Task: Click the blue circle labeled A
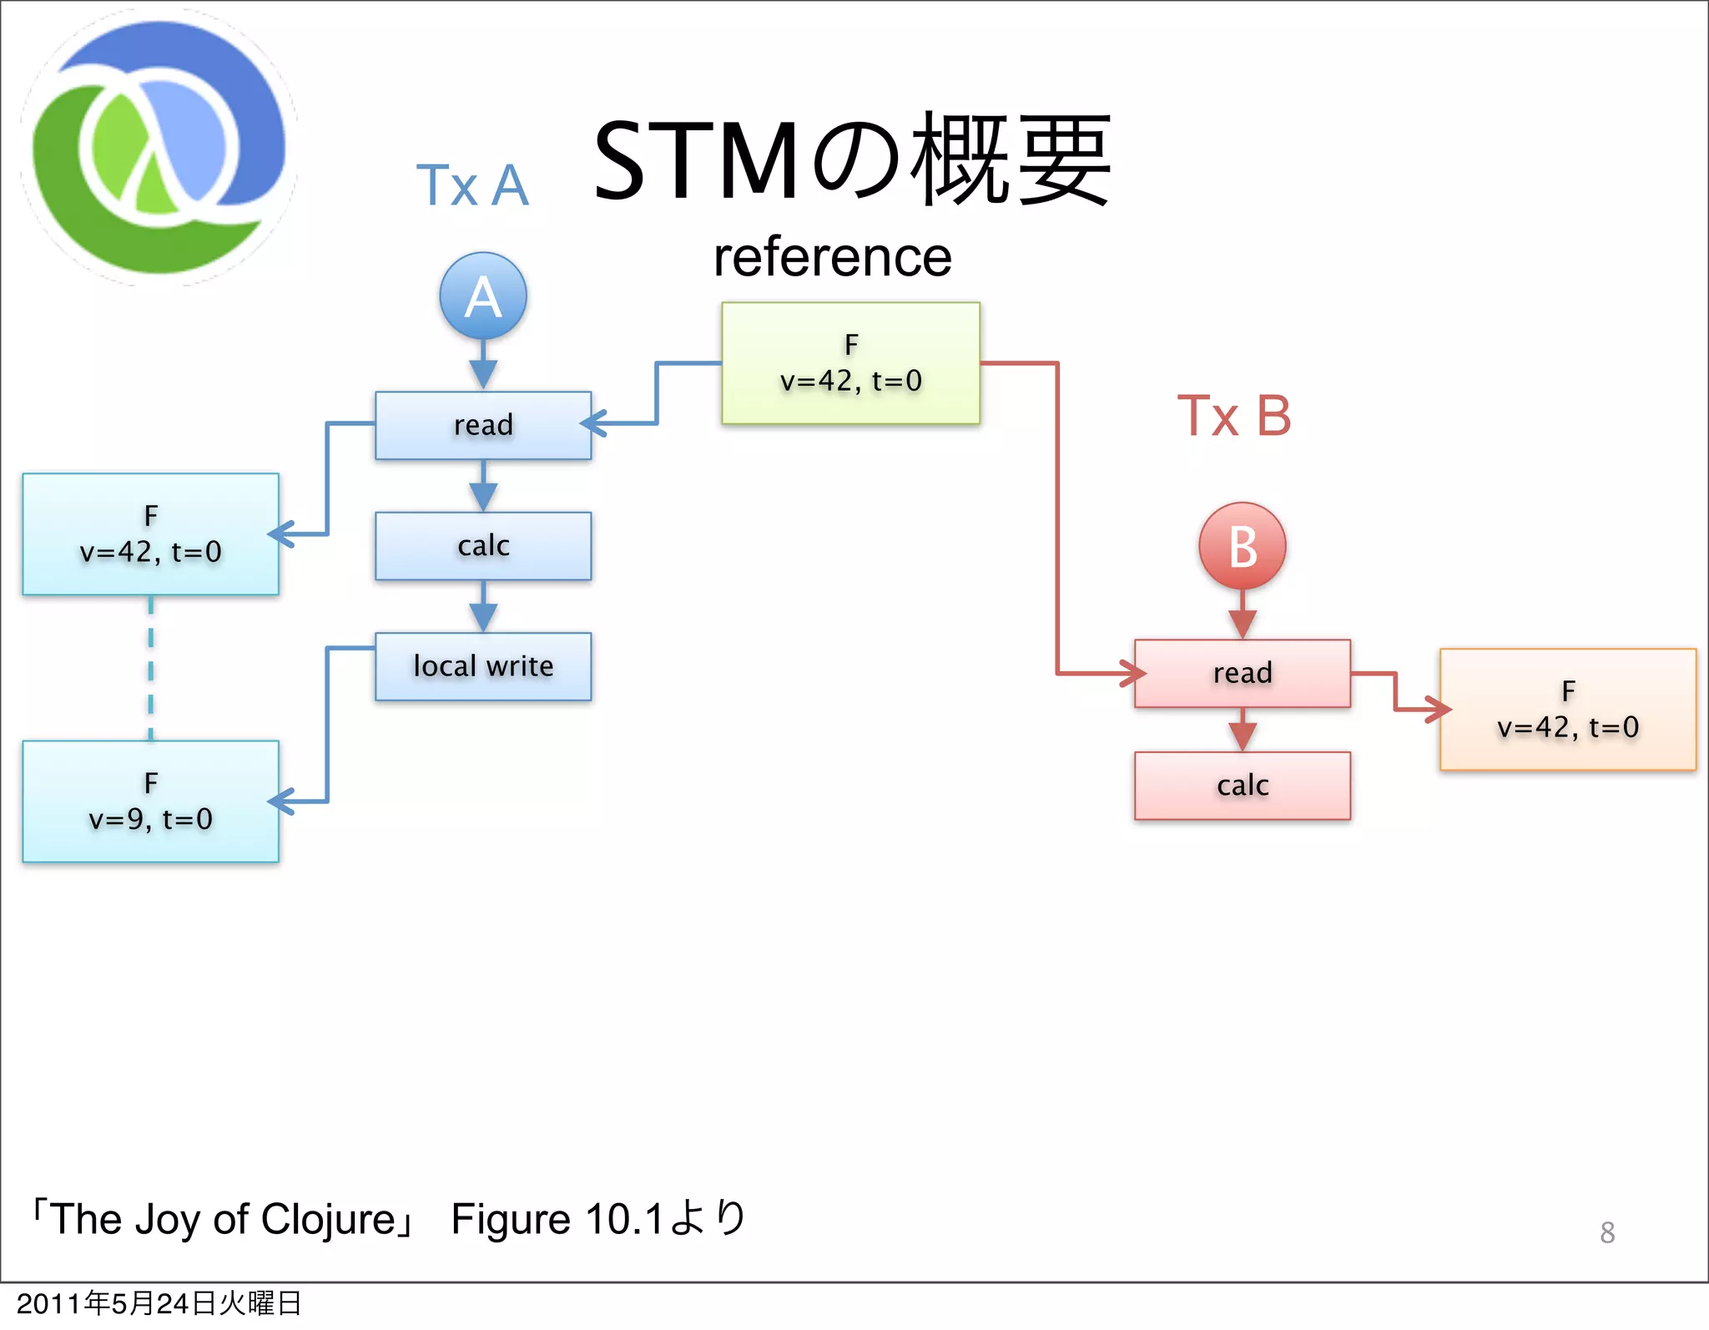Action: coord(483,296)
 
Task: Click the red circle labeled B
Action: coord(1242,546)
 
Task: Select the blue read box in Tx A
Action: coord(483,425)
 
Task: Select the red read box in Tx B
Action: coord(1242,673)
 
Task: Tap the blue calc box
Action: coord(483,546)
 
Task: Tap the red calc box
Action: coord(1242,786)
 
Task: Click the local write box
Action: coord(483,666)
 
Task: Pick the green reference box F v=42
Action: coord(850,363)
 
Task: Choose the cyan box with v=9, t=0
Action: coord(150,802)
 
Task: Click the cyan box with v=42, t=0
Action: coord(150,534)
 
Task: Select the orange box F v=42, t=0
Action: coord(1567,710)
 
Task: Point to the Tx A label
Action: coord(472,185)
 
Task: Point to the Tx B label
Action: coord(1233,416)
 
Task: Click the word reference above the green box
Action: coord(832,257)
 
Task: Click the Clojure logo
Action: coord(159,148)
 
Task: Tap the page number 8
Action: coord(1607,1232)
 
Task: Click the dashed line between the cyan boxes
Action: coord(150,668)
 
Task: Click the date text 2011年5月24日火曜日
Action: coord(159,1303)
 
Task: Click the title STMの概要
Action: coord(851,160)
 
